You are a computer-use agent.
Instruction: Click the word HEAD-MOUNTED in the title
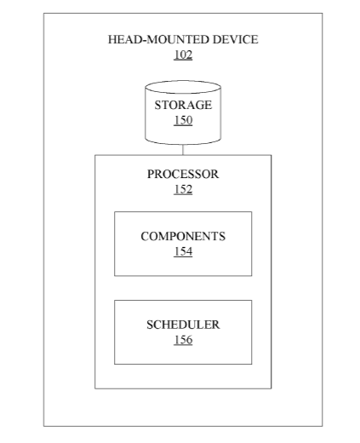point(159,39)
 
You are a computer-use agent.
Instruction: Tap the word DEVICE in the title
point(236,39)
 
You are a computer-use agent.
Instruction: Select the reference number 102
point(183,55)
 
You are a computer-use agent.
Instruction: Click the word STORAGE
point(183,105)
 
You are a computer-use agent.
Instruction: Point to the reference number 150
point(183,120)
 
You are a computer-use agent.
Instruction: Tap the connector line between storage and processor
point(183,150)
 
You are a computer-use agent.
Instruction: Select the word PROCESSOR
point(183,174)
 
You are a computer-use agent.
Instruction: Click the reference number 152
point(183,189)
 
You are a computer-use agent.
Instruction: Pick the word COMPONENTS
point(183,236)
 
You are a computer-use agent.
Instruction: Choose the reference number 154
point(183,251)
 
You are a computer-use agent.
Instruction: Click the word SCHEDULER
point(183,325)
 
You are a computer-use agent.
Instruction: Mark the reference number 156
point(183,340)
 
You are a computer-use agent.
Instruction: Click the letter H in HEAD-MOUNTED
point(112,39)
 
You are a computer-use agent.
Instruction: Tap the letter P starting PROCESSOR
point(151,174)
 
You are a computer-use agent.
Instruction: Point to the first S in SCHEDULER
point(150,325)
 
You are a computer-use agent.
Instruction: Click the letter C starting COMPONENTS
point(144,236)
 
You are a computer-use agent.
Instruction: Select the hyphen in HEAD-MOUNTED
point(145,41)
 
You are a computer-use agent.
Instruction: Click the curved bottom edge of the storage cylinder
point(183,144)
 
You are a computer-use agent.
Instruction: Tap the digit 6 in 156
point(189,340)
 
